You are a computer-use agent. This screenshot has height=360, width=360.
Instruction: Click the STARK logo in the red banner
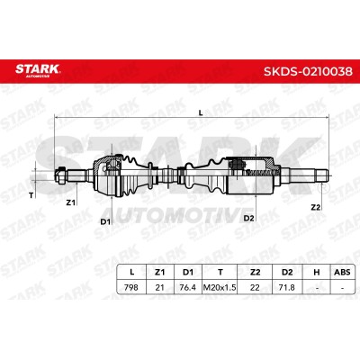38,70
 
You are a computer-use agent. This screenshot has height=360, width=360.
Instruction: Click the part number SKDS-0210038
308,72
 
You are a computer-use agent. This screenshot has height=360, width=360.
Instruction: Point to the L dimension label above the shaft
201,112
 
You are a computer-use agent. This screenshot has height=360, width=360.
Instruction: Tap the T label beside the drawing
31,195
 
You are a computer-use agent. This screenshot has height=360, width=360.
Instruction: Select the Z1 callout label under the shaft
70,202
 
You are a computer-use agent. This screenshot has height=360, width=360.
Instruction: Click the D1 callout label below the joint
105,221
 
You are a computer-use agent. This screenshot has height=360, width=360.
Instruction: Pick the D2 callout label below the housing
248,218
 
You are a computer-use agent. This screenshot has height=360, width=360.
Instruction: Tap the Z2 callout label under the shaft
315,207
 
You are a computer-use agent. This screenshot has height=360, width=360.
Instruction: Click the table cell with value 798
131,287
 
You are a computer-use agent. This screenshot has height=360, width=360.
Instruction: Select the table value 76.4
187,287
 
